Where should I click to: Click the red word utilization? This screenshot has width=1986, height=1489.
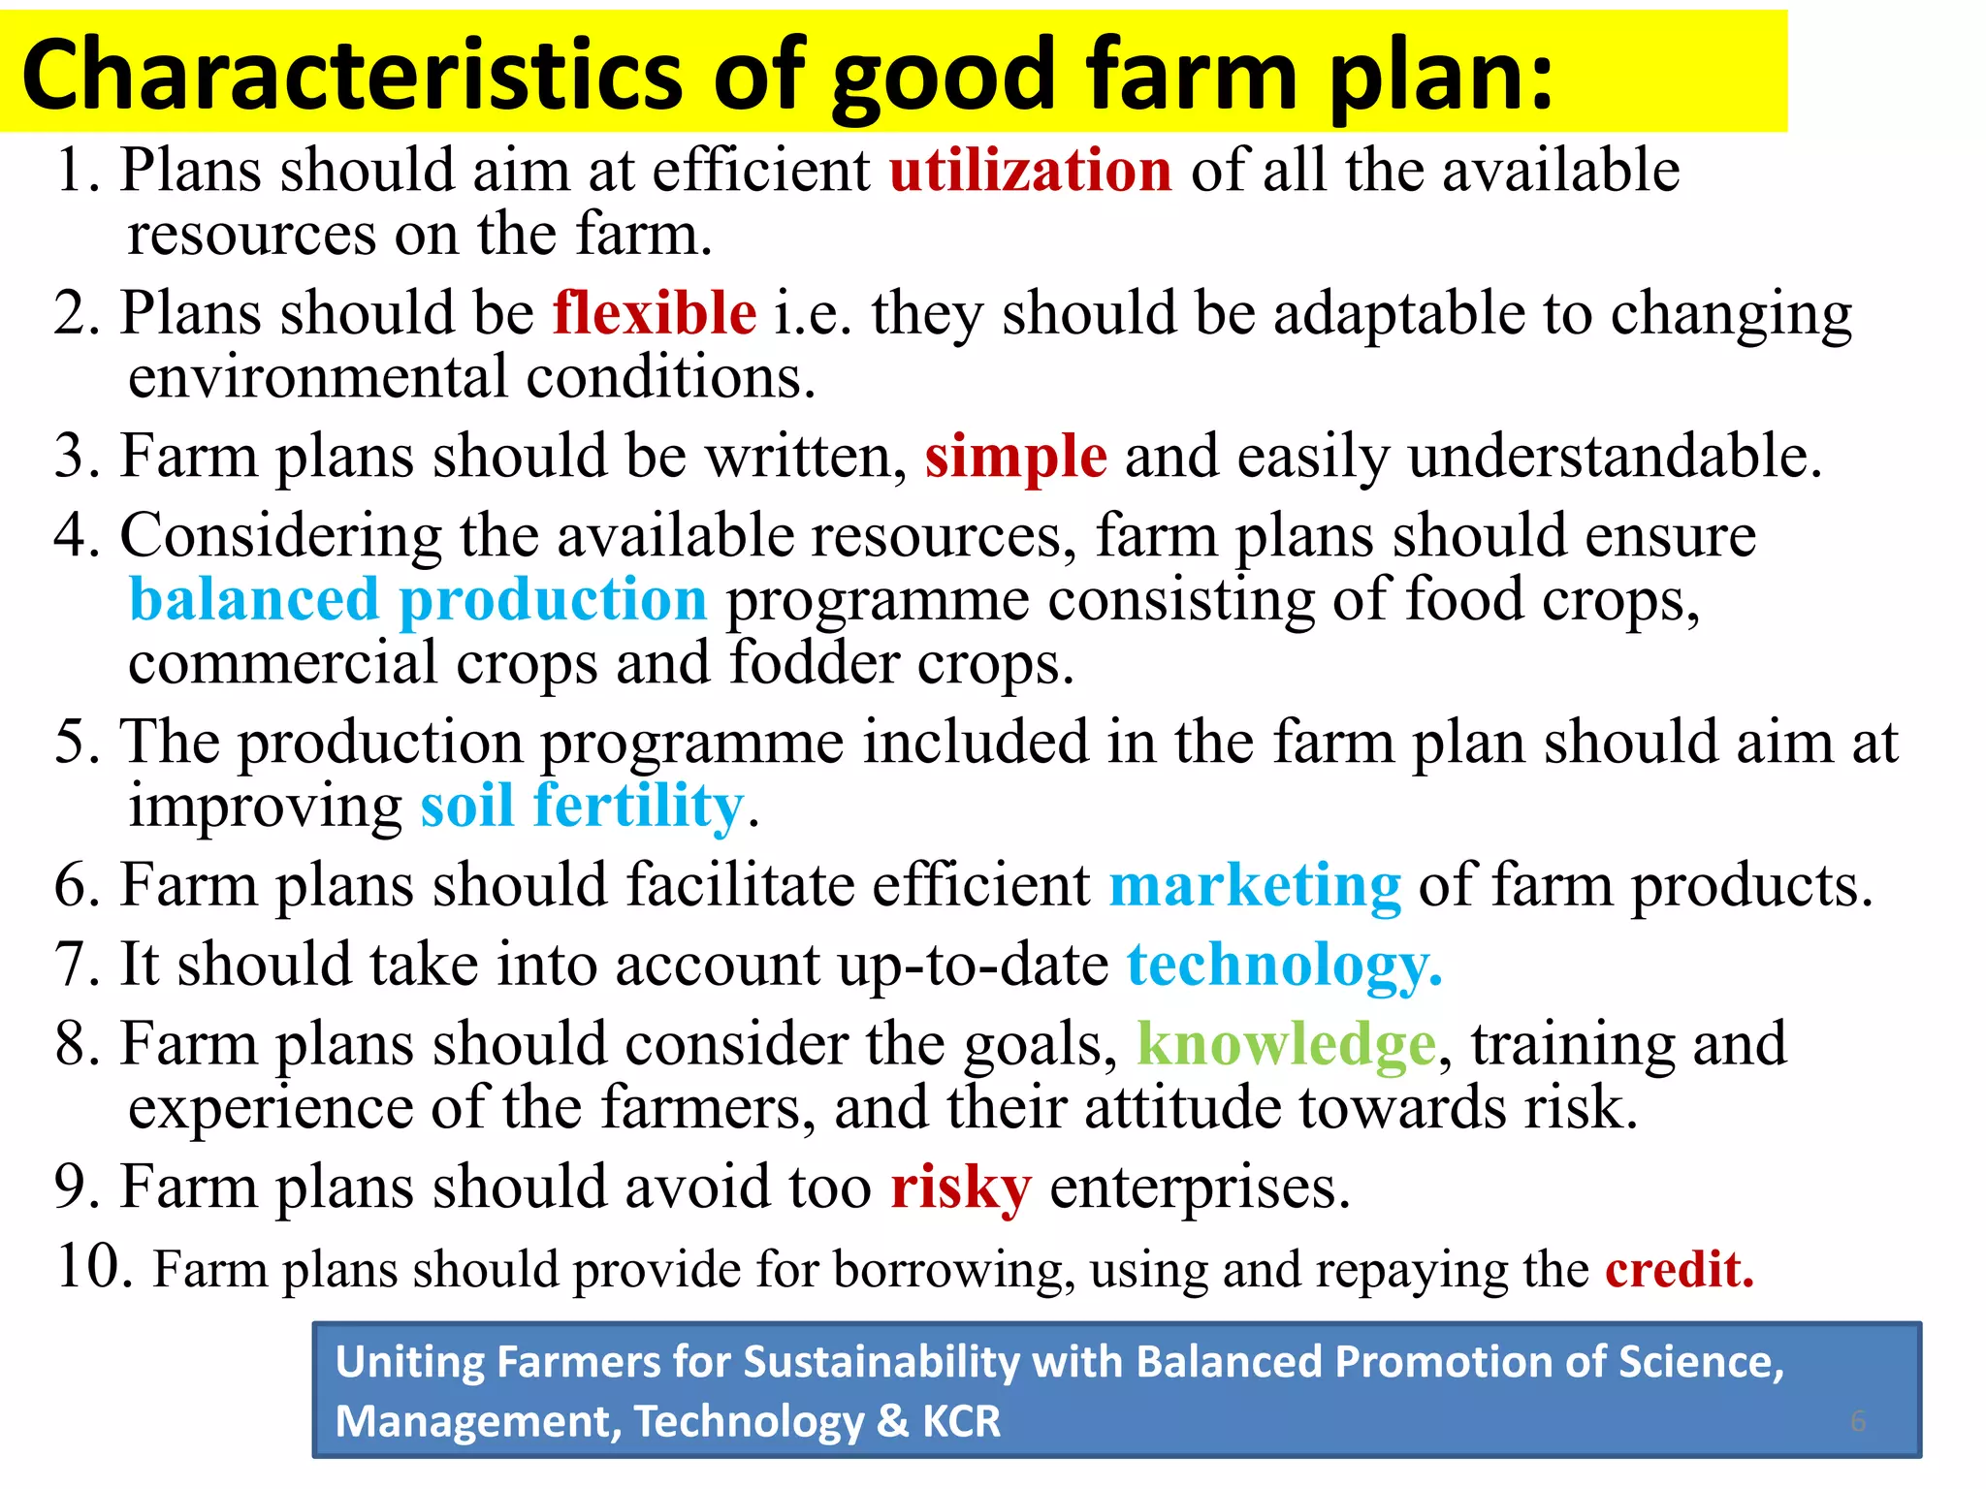tap(1030, 172)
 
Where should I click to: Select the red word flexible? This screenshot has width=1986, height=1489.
tap(655, 314)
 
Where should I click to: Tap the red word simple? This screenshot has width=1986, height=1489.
tap(1015, 457)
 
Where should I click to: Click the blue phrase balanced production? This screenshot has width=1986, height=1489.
tap(418, 600)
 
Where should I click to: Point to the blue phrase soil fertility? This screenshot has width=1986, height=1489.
tap(582, 807)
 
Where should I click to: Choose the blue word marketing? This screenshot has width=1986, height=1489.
tap(1255, 886)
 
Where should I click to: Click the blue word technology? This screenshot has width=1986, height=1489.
tap(1284, 966)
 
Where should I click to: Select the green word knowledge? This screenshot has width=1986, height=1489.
tap(1286, 1045)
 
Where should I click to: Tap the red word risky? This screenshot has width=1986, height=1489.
tap(960, 1188)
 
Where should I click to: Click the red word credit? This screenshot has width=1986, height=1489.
tap(1679, 1270)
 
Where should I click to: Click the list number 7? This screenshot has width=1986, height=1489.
tap(76, 966)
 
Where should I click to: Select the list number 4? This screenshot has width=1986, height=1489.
tap(76, 536)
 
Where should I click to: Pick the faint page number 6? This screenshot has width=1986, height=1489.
tap(1857, 1421)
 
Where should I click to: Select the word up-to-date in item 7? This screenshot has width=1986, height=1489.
tap(973, 966)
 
